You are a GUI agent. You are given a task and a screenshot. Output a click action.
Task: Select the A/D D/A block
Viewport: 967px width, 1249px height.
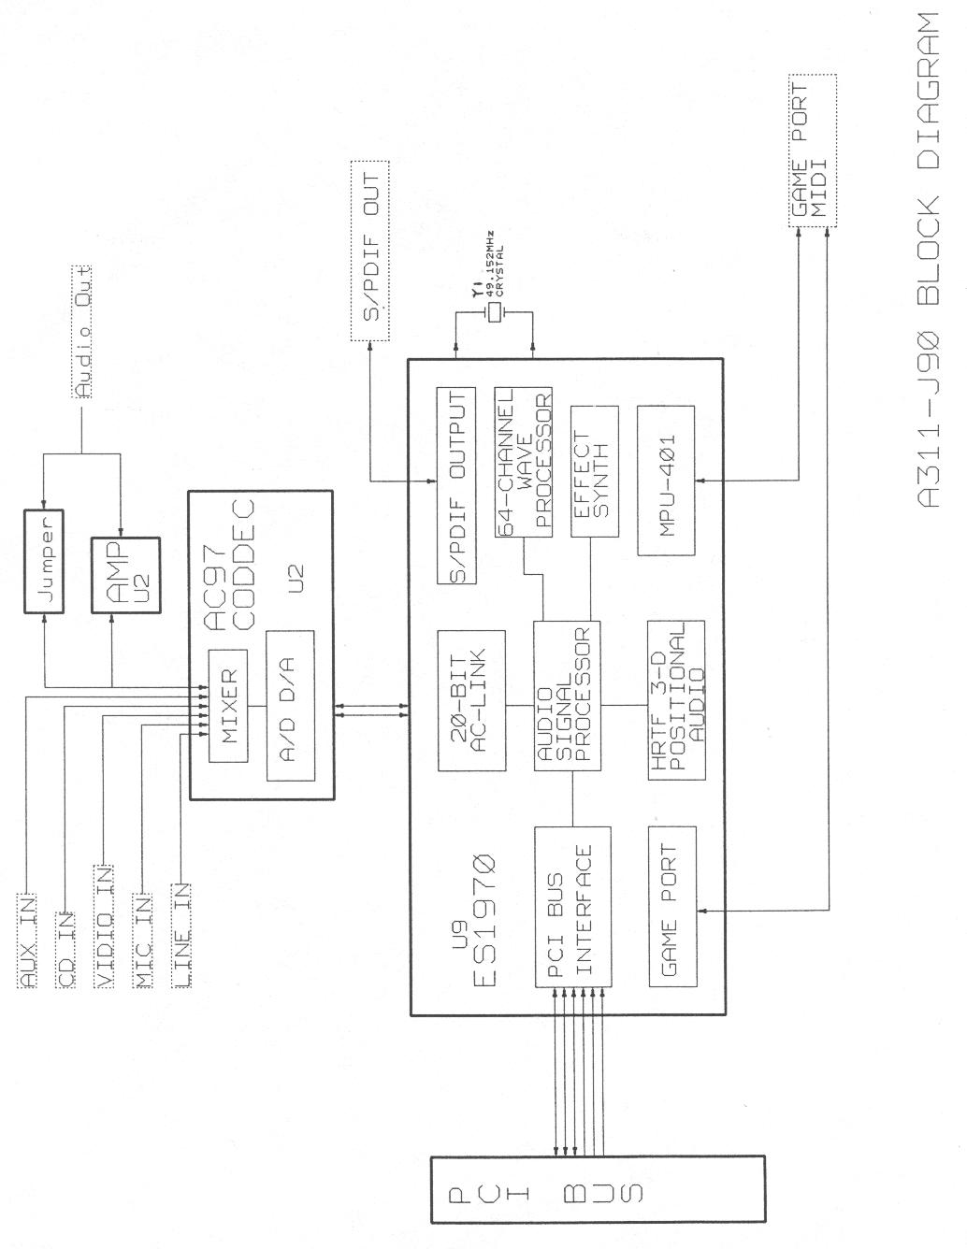click(x=289, y=706)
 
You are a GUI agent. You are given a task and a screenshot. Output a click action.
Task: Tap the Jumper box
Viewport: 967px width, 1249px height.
click(x=44, y=562)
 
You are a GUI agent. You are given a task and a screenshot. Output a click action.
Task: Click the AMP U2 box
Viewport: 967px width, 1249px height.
click(x=124, y=575)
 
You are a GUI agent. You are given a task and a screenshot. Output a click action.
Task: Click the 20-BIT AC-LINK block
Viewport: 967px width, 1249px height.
click(x=470, y=700)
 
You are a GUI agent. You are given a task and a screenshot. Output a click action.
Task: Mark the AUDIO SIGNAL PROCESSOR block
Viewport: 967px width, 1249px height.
click(x=567, y=696)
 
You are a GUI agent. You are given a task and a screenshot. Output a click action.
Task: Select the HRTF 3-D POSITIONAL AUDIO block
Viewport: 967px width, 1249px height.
click(x=675, y=700)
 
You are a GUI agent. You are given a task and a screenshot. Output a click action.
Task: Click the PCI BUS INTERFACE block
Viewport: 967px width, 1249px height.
click(x=572, y=907)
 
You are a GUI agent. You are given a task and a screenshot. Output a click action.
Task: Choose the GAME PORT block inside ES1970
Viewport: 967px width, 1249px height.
click(x=672, y=906)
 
